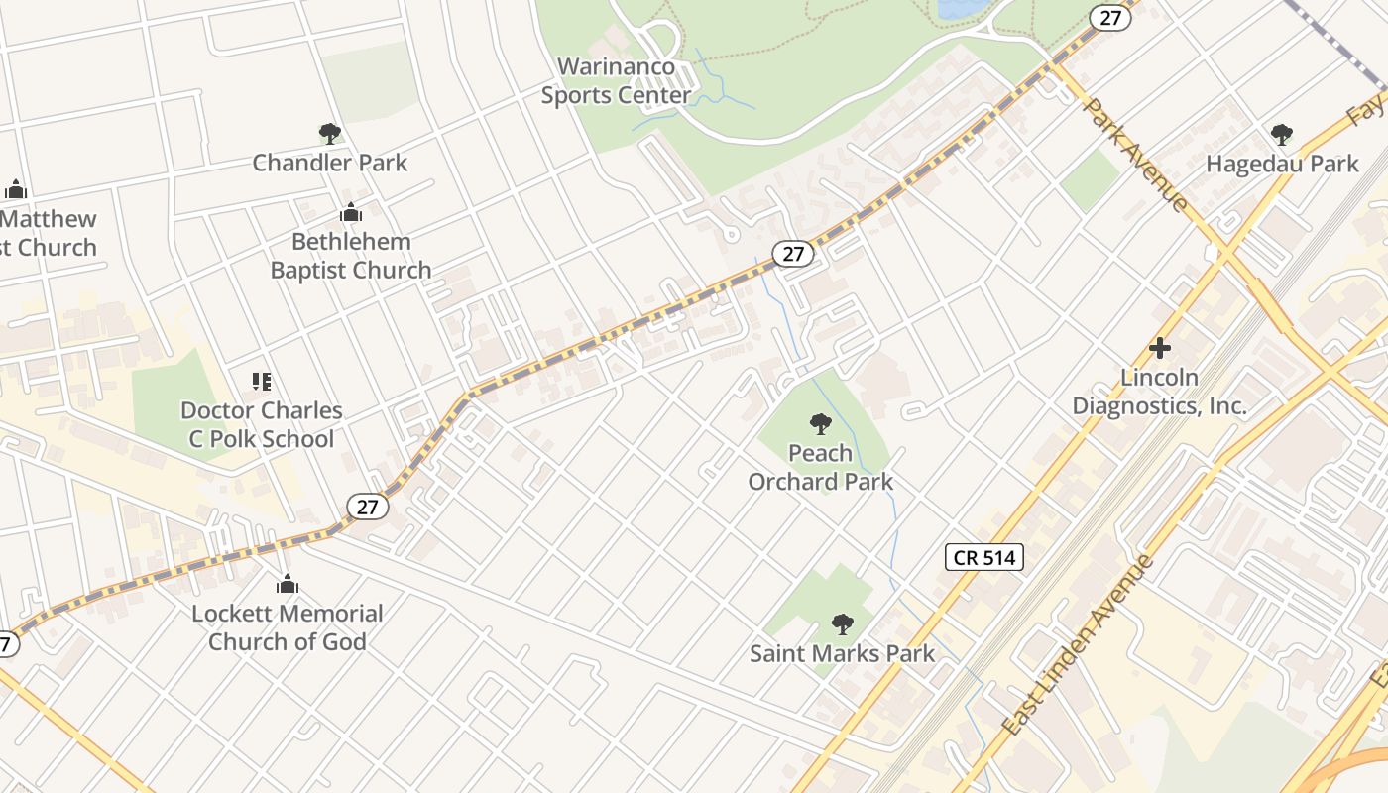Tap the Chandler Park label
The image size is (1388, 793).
click(329, 163)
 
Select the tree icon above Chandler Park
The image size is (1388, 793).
click(330, 133)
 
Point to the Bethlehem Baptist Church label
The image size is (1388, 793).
click(351, 256)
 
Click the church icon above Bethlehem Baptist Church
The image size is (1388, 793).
click(351, 212)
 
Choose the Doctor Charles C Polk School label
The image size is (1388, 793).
click(262, 424)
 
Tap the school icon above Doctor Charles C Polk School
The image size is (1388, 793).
click(262, 382)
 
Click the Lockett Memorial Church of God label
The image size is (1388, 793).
click(288, 627)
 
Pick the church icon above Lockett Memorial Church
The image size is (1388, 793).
click(288, 584)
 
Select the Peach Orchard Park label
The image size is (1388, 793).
click(821, 468)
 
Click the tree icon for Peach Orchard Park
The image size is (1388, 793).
click(820, 424)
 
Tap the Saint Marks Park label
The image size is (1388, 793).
click(843, 654)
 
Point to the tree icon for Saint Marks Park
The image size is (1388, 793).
click(843, 624)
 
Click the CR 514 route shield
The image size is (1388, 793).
click(983, 557)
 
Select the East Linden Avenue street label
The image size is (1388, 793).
click(1079, 645)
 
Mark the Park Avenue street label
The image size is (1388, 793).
click(1136, 155)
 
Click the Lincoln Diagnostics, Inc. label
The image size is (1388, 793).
click(1159, 392)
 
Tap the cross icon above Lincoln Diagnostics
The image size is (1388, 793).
click(1159, 348)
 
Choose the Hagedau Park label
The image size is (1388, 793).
click(1282, 164)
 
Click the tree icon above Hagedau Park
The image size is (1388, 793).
click(1282, 134)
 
